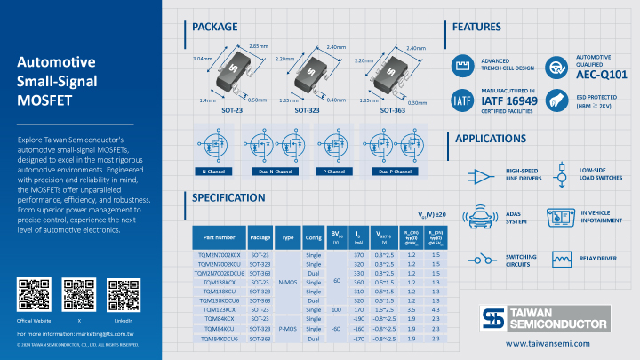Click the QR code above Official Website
pyautogui.click(x=33, y=293)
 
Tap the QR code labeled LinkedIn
pyautogui.click(x=123, y=293)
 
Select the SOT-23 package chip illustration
pyautogui.click(x=228, y=72)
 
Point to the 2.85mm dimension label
pyautogui.click(x=258, y=45)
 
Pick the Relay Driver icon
pyautogui.click(x=562, y=259)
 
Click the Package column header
pyautogui.click(x=260, y=237)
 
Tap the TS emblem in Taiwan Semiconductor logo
pyautogui.click(x=492, y=318)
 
